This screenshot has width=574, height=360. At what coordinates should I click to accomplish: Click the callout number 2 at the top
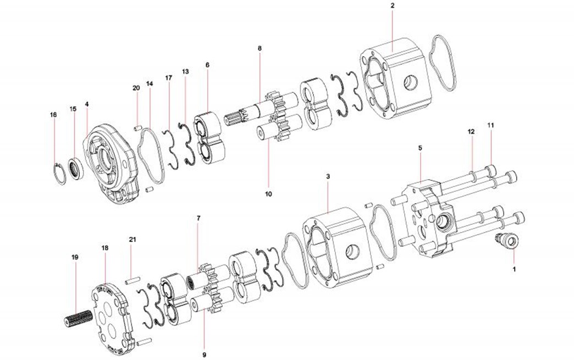click(x=392, y=5)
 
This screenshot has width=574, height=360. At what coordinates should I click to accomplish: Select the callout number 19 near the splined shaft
click(x=75, y=257)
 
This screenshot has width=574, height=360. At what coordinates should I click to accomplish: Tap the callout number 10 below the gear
click(x=268, y=194)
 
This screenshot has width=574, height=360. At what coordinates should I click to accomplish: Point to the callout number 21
click(x=132, y=240)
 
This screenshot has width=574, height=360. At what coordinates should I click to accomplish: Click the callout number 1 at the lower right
click(x=514, y=269)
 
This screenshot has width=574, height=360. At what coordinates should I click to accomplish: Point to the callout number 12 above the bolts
click(x=471, y=132)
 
